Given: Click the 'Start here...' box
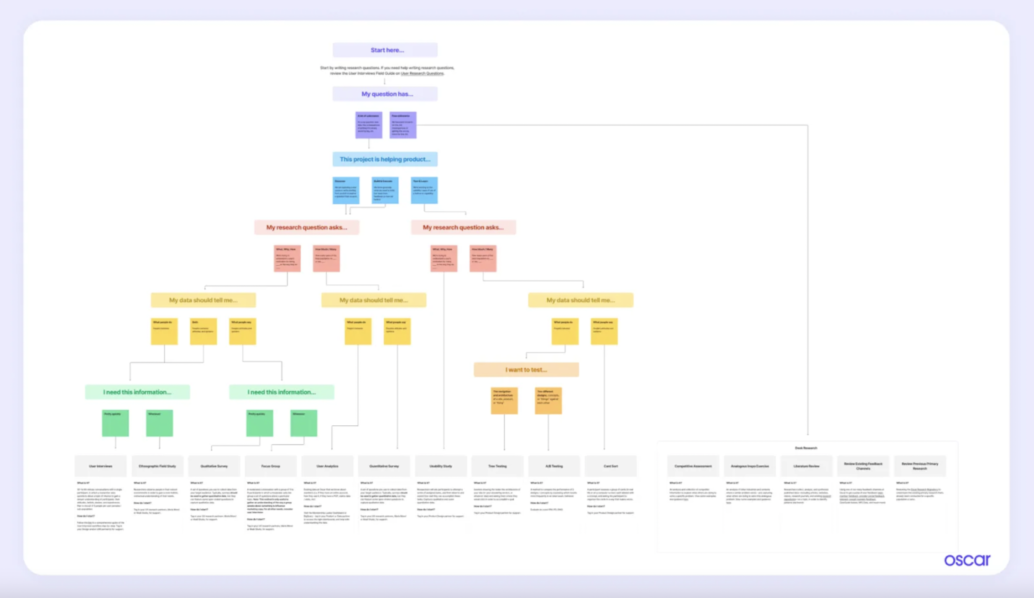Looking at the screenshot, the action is [x=385, y=50].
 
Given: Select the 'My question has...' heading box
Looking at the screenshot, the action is [x=385, y=94].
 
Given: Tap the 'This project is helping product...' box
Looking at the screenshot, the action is [x=385, y=159].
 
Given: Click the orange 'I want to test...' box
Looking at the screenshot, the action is [x=526, y=370].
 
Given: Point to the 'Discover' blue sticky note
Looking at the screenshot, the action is [x=346, y=190].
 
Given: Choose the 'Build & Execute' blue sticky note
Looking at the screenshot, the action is [x=385, y=190].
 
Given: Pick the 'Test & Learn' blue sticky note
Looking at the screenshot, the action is [x=424, y=190].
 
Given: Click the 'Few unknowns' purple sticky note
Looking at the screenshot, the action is [x=403, y=125].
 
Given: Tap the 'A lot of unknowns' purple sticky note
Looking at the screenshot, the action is [x=369, y=125].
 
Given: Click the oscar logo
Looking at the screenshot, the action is [x=967, y=560].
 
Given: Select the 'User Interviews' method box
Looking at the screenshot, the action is [x=100, y=466].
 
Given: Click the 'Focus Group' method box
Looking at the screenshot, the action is [x=271, y=466].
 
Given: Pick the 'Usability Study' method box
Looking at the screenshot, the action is [x=441, y=466].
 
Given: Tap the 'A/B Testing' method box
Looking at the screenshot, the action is [x=554, y=466].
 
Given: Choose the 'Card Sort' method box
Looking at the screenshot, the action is [x=611, y=466].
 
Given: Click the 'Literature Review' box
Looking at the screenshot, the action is [x=806, y=466].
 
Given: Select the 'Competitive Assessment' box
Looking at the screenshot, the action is [x=693, y=466].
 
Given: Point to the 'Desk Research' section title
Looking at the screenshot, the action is [x=806, y=448].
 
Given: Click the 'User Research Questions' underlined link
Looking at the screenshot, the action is [x=422, y=73].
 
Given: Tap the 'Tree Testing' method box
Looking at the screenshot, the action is [x=497, y=466].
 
